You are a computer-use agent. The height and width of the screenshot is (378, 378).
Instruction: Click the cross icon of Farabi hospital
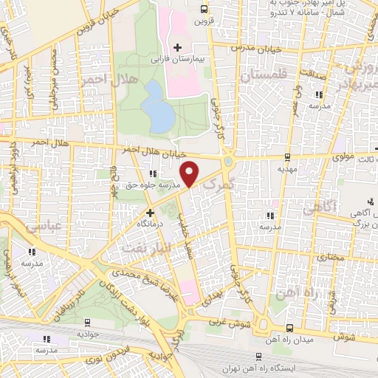point(177,47)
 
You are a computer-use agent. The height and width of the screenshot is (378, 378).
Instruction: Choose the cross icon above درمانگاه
point(150,212)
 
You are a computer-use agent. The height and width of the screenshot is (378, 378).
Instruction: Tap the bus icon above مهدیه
point(287,156)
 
